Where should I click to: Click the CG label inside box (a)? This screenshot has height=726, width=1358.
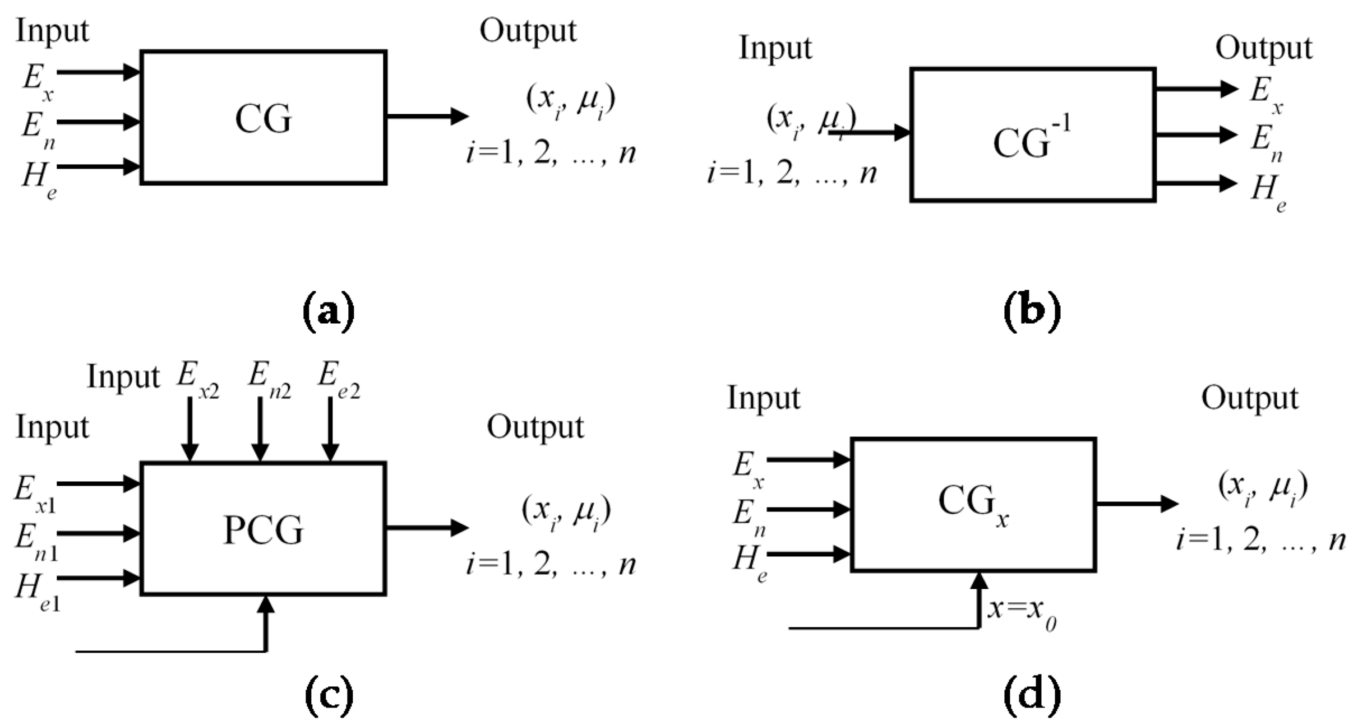[263, 119]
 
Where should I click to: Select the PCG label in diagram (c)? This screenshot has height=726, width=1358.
[263, 530]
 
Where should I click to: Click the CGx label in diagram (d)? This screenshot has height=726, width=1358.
[973, 502]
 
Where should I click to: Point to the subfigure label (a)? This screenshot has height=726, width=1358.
[328, 311]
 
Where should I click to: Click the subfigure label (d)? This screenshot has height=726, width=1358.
[1032, 695]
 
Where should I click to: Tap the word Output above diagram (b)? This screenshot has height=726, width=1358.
[1263, 49]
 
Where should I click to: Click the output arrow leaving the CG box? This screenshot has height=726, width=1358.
[427, 117]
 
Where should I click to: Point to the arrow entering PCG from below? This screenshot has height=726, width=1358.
[266, 622]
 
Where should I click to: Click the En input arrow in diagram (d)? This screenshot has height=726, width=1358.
[808, 509]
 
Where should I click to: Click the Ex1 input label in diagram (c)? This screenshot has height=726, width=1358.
[35, 493]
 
